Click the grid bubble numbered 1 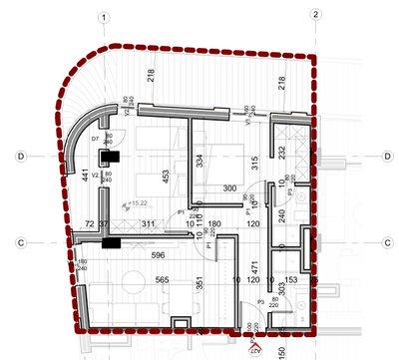click(105, 15)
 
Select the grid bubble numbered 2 click(315, 15)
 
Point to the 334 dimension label click(200, 161)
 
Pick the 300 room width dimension click(229, 187)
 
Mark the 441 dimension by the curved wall click(84, 178)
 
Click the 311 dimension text click(148, 223)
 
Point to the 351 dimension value click(199, 284)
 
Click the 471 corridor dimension click(254, 267)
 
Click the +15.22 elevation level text click(127, 203)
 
